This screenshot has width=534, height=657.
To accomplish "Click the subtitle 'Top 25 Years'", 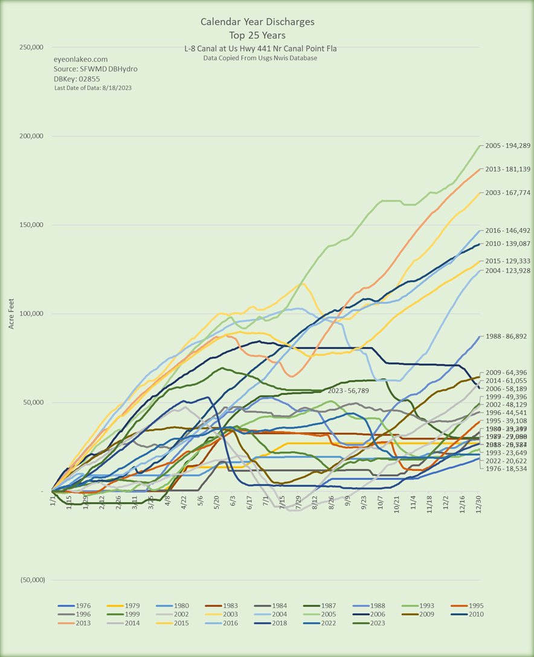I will (258, 35).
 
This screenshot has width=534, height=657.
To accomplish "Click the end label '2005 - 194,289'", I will (507, 145).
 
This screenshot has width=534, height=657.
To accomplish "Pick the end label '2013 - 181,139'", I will (507, 170).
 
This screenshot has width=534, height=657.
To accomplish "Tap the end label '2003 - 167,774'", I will (507, 193).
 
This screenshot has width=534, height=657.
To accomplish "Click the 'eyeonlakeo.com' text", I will (81, 59).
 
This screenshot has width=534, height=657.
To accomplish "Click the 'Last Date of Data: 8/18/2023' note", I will (93, 88).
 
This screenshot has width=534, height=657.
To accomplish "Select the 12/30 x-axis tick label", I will (479, 502).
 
